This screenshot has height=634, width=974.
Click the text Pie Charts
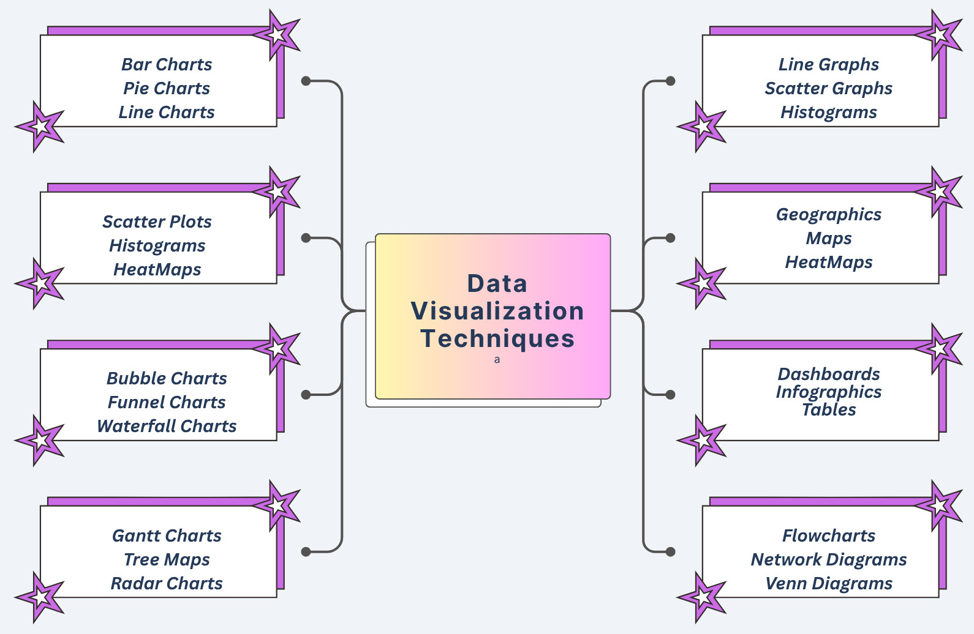(x=167, y=88)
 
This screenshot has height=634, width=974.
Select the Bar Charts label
(x=167, y=64)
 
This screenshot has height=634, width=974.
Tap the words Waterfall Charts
(x=167, y=426)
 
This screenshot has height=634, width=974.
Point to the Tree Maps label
(x=167, y=559)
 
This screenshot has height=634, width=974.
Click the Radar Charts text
(x=167, y=583)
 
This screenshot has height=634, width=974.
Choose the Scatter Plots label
(x=157, y=222)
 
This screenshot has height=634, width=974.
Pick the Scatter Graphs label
(x=828, y=88)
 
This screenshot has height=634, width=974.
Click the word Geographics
(x=828, y=214)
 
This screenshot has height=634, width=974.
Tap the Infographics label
(x=828, y=392)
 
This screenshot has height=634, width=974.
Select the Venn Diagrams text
(x=828, y=583)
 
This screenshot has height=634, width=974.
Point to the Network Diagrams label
(x=828, y=559)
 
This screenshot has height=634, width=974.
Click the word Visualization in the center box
(x=497, y=311)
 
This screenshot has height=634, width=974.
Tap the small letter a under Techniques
(x=497, y=360)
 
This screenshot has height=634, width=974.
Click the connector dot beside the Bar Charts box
(x=306, y=81)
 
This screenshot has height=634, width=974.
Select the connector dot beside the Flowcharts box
(x=670, y=551)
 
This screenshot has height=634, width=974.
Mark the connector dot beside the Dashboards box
(x=670, y=395)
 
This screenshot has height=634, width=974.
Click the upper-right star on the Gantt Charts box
(x=277, y=505)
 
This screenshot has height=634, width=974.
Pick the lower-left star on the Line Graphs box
(x=702, y=127)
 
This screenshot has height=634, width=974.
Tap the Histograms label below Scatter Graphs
(x=828, y=112)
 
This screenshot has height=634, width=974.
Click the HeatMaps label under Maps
(x=828, y=262)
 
